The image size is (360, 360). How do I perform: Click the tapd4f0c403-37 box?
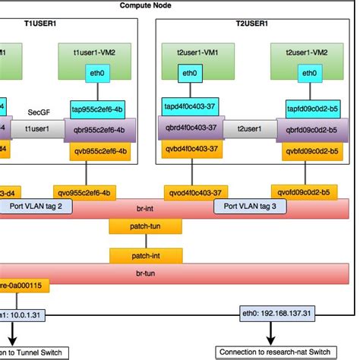click(x=190, y=108)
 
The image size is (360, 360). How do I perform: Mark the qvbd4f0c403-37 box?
click(x=191, y=150)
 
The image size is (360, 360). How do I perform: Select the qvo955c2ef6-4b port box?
click(x=86, y=192)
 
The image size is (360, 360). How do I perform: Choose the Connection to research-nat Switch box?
click(x=273, y=352)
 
